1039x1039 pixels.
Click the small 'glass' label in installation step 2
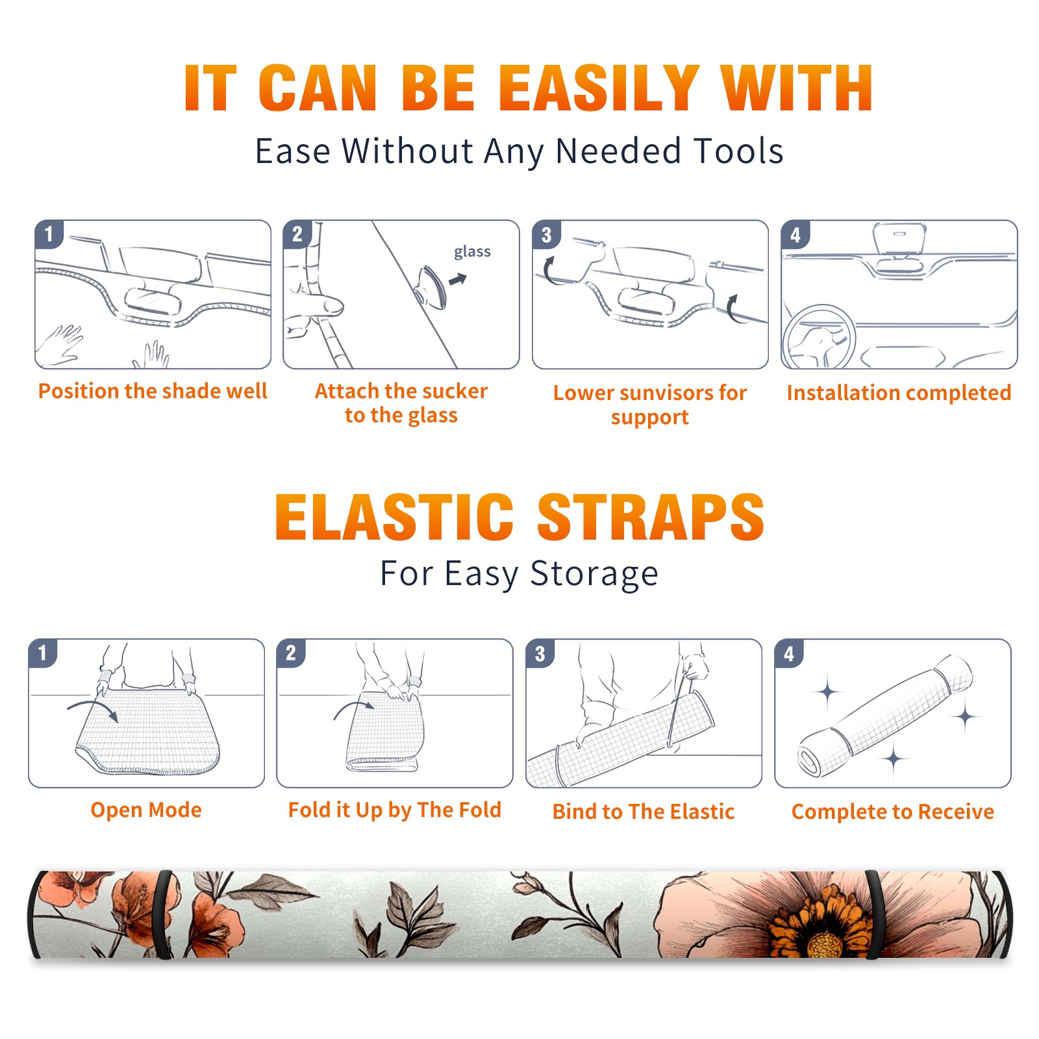click(472, 252)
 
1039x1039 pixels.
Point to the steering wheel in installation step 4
click(819, 337)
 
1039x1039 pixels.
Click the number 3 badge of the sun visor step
click(546, 234)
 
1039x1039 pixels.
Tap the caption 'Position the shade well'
click(153, 391)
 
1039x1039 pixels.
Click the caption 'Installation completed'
click(899, 392)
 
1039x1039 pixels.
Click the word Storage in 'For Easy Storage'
click(594, 574)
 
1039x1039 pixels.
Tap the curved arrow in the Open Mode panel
click(93, 709)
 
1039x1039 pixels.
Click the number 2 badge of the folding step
click(290, 653)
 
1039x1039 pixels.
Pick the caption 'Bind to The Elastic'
click(643, 812)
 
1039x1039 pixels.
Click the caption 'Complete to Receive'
click(893, 812)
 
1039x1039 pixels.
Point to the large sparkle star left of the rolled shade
click(828, 692)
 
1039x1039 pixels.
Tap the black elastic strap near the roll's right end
click(873, 914)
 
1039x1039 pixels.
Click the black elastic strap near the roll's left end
click(165, 914)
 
